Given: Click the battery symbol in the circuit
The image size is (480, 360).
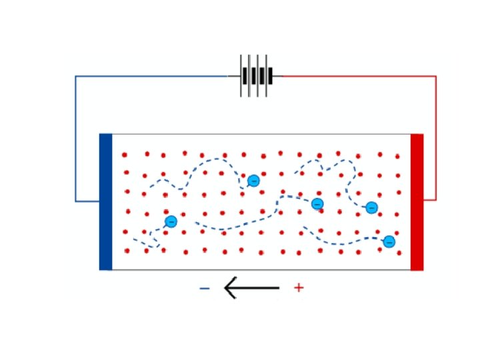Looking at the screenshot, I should pos(257,76).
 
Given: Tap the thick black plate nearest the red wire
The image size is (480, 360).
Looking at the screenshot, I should pos(271,76).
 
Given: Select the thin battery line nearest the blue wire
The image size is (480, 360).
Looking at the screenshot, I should pos(241,76).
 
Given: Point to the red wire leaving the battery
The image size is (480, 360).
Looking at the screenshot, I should pos(360,76).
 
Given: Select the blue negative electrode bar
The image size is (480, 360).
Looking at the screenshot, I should pos(105,202).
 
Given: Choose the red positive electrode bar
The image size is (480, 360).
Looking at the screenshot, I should pos(417,202).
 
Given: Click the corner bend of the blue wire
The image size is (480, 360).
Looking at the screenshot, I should pos(76,77).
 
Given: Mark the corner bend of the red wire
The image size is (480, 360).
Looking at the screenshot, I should pos(436,77).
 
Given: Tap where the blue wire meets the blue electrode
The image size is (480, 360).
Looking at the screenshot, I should pos(99,201).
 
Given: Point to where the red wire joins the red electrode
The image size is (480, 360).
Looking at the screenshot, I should pos(424,199).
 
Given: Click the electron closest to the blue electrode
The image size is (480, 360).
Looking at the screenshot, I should pos(171,221).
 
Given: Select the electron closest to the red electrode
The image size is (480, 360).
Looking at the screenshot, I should pos(389,241).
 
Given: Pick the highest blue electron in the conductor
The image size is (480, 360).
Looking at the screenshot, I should pos(253,181).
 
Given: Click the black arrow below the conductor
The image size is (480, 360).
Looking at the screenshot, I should pos(251,288).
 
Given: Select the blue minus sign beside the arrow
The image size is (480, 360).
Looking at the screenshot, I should pos(205,288).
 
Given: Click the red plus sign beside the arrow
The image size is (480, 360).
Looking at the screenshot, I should pos(299,288).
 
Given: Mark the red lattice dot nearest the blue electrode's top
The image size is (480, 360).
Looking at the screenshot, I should pos(124,155).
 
